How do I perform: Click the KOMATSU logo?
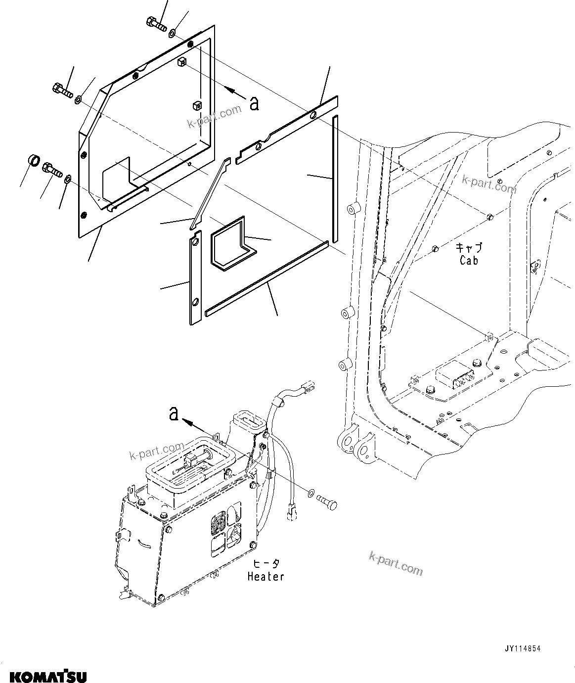click(x=44, y=676)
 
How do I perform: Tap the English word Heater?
click(x=266, y=576)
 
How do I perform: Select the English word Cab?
click(x=469, y=260)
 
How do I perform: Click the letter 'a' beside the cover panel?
click(x=254, y=104)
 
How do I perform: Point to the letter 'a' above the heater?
click(x=174, y=413)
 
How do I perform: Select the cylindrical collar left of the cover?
click(x=33, y=161)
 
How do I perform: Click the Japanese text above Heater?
click(x=266, y=564)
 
